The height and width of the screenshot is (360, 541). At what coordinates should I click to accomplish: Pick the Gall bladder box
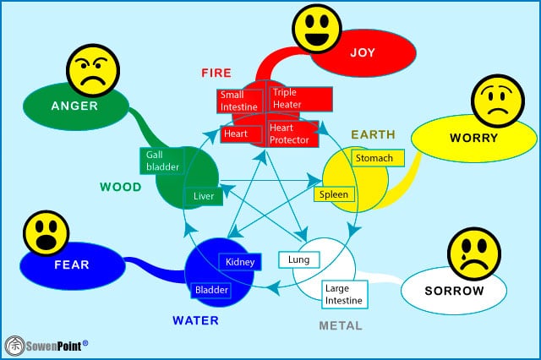(161, 161)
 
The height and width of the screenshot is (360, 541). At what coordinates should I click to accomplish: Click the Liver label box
(204, 196)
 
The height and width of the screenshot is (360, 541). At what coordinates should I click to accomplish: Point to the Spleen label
(333, 194)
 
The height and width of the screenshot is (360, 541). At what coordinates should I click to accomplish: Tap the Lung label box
(298, 259)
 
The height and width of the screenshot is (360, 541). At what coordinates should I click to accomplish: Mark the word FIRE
(216, 73)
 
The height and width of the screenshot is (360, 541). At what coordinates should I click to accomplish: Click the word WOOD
(121, 187)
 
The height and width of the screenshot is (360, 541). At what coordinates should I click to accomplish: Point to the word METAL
(341, 325)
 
